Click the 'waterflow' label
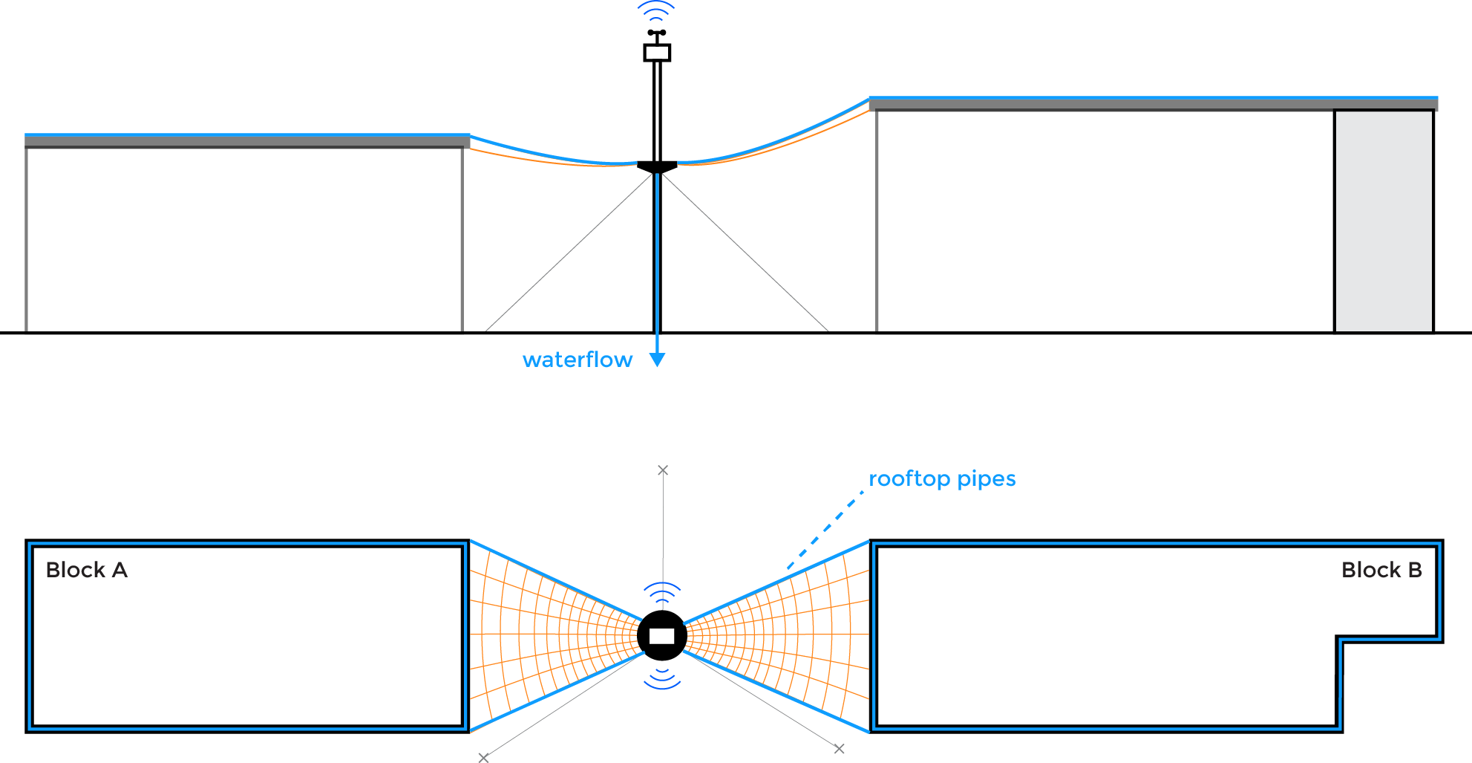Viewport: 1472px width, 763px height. point(577,360)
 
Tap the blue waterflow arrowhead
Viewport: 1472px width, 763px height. point(657,360)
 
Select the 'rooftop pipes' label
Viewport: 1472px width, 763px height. point(941,479)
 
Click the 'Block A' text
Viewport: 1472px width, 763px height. point(86,570)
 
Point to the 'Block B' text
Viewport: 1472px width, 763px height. point(1381,570)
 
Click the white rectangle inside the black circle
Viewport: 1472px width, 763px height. point(661,636)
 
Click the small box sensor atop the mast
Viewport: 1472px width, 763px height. point(657,53)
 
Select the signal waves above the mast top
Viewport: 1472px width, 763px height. point(656,10)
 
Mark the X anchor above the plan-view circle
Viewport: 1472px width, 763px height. point(663,470)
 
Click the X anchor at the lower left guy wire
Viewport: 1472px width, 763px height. point(483,757)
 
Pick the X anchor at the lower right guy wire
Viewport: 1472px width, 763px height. point(839,749)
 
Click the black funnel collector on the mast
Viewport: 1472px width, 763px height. point(657,166)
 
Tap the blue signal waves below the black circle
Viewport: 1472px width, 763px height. point(661,678)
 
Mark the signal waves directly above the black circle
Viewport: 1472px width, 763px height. point(661,593)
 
